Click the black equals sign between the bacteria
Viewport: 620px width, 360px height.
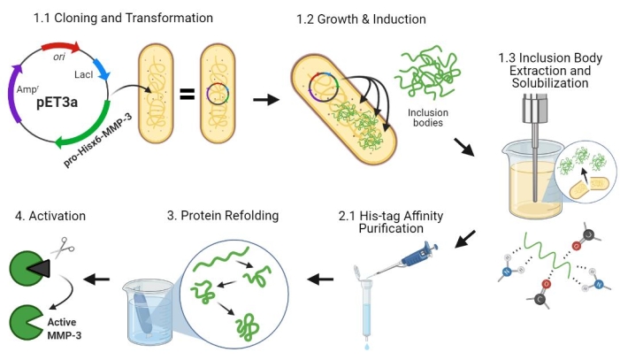187,92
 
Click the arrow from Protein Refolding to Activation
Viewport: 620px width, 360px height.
96,279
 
